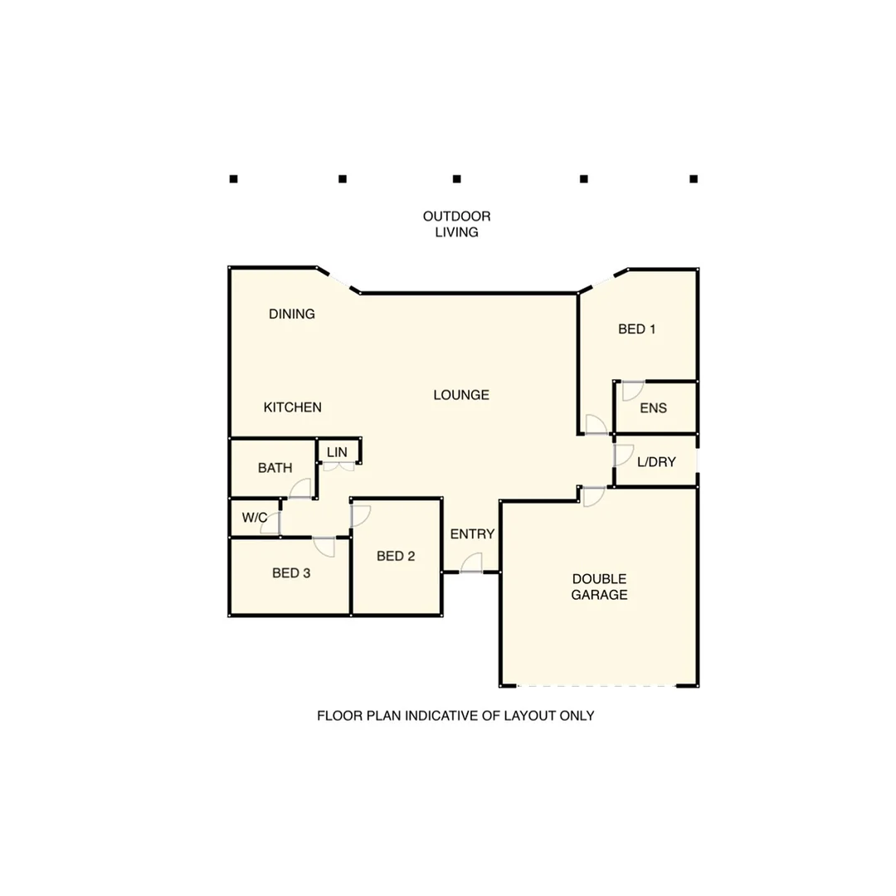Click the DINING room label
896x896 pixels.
tap(292, 314)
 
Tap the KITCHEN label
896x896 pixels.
tap(293, 407)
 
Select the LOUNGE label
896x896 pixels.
tap(461, 395)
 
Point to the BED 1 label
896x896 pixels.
tap(637, 329)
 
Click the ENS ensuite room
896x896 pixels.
tap(654, 408)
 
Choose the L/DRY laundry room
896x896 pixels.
tap(656, 462)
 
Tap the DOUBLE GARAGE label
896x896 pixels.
tap(599, 587)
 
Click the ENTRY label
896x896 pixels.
tap(472, 534)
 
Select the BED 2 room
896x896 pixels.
tap(396, 556)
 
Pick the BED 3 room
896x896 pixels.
tap(291, 572)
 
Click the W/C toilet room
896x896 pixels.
tap(255, 519)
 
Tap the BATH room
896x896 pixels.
tap(275, 468)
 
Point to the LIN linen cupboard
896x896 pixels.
tap(337, 451)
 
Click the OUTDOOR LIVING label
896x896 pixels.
tap(457, 224)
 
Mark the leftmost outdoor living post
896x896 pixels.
tap(234, 178)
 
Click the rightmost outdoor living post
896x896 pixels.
tap(694, 178)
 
